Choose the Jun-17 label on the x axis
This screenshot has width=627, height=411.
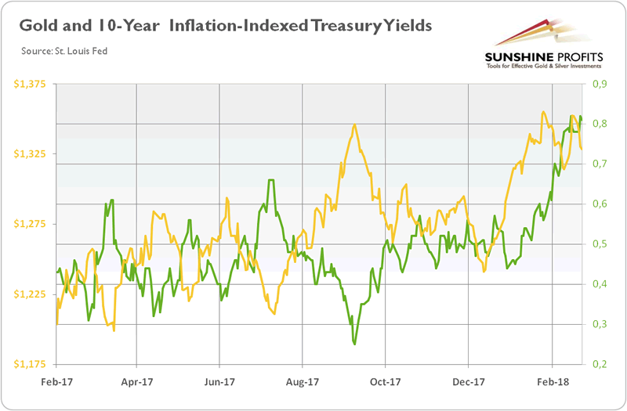[x=219, y=385]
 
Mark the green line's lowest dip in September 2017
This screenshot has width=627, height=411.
[x=355, y=343]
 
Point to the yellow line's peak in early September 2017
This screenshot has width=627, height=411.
[x=355, y=125]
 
